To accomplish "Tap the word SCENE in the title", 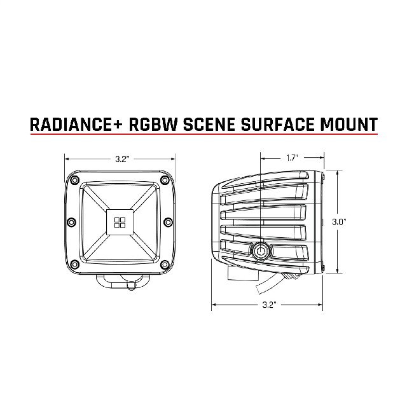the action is coord(209,124).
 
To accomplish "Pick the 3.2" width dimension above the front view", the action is coord(122,159).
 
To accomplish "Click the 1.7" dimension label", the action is coord(292,158).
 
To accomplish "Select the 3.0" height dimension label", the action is coord(339,222).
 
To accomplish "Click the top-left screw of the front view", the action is coord(75,179).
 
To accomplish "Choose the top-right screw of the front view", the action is coord(165,179).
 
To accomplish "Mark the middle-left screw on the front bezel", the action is coord(71,222).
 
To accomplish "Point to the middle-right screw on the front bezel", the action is coord(168,222).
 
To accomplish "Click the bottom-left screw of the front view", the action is coord(75,265).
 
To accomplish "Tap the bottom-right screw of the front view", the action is coord(165,265).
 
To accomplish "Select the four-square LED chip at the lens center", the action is coord(120,223).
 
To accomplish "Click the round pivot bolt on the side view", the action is coord(261,251).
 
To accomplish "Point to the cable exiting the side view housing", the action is coord(270,284).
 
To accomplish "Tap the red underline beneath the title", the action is coord(204,134).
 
